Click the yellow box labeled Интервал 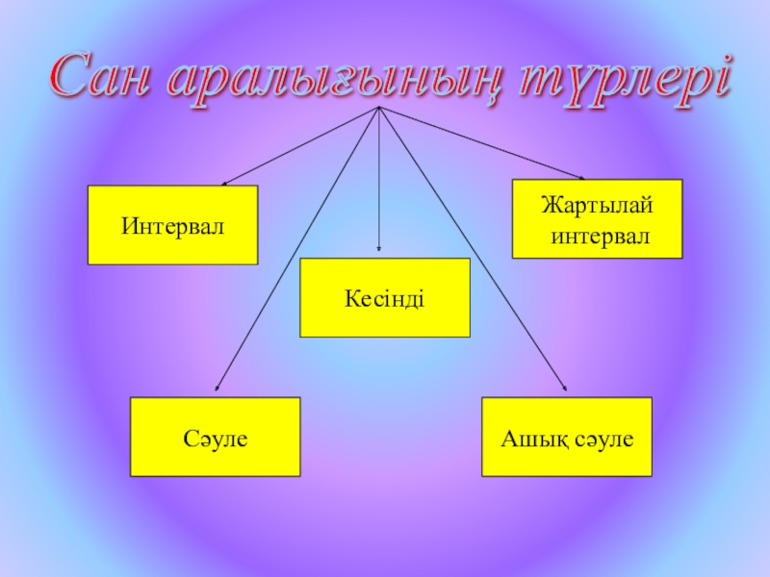tap(172, 225)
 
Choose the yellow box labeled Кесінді tap(385, 297)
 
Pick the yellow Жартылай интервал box tap(597, 218)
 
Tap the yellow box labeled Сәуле tap(216, 437)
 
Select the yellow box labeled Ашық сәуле tap(567, 437)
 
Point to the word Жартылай tap(597, 206)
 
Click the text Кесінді tap(385, 298)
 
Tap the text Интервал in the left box tap(172, 226)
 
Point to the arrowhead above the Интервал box tap(224, 183)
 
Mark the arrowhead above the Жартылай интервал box tap(581, 177)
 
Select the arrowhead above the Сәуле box tap(217, 389)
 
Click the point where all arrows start tap(379, 108)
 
